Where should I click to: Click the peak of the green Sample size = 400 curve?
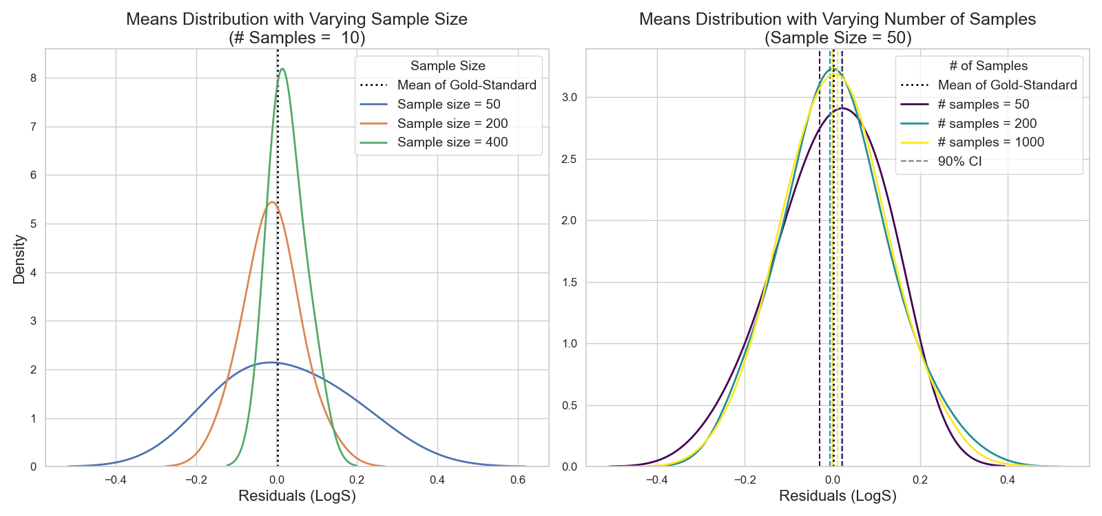(x=282, y=69)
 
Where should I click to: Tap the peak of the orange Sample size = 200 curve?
(x=272, y=202)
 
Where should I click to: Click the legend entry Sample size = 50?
(x=448, y=105)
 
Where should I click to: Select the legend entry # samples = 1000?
(x=990, y=142)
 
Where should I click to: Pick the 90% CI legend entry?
(x=959, y=162)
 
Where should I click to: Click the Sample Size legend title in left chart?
(x=448, y=66)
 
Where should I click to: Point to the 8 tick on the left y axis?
(x=33, y=78)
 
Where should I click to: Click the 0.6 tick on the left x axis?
(x=518, y=480)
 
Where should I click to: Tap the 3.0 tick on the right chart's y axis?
(x=569, y=98)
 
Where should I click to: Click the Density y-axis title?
(x=19, y=259)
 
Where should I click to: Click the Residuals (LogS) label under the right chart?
(x=838, y=496)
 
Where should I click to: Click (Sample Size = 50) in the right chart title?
(x=838, y=38)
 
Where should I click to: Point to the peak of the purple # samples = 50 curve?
(x=842, y=109)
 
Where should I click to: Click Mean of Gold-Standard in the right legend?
(x=1007, y=85)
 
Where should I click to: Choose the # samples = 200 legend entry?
(x=986, y=124)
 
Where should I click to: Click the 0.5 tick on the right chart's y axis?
(x=569, y=405)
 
